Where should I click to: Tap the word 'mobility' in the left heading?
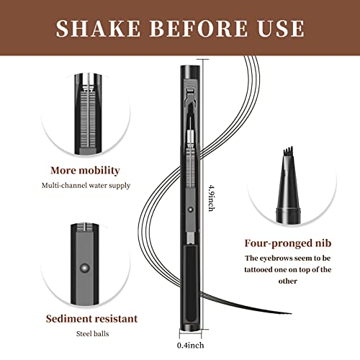117,171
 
